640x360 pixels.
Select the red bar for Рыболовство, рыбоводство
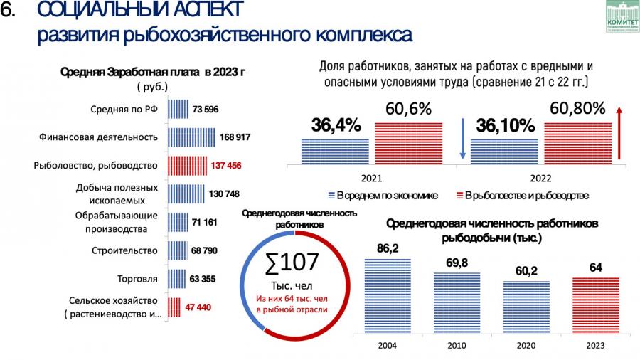click(x=187, y=165)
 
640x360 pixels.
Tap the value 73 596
click(x=206, y=109)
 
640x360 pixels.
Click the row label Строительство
click(x=124, y=250)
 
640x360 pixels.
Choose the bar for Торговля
click(x=176, y=278)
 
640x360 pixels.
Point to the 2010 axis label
click(x=457, y=346)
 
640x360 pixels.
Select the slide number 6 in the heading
click(x=9, y=11)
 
